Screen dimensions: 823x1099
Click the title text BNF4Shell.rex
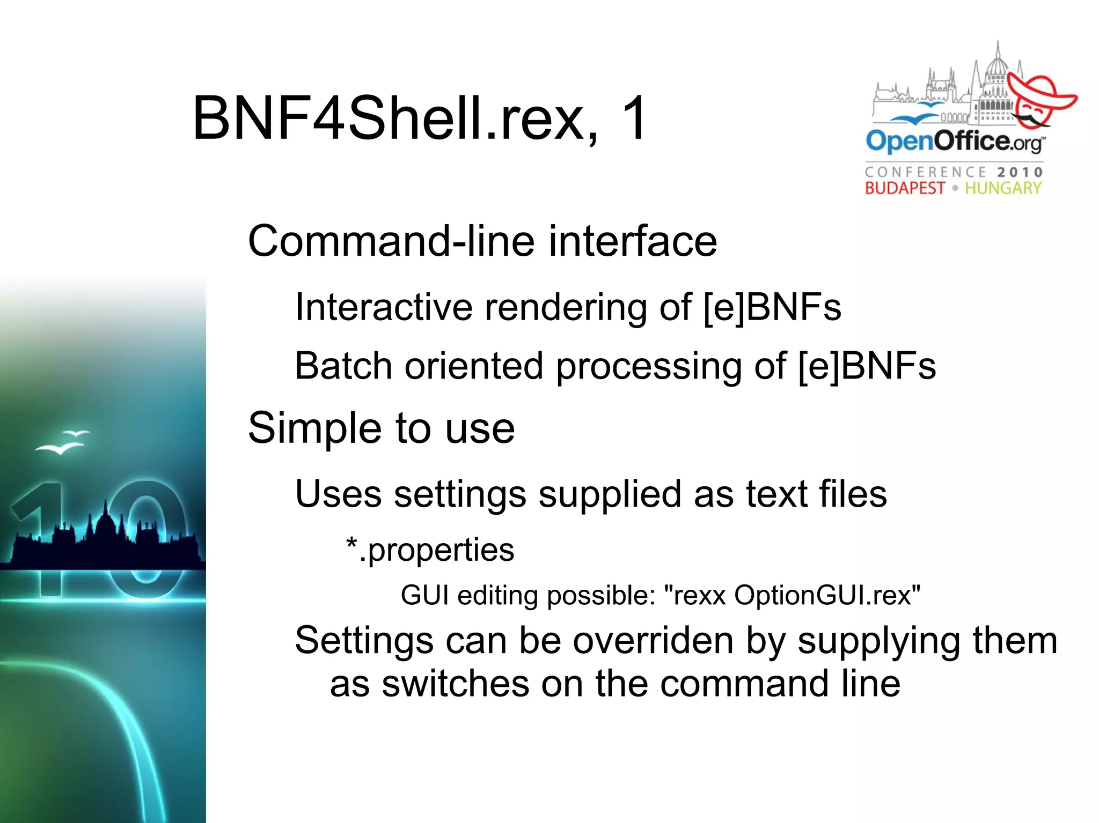tap(394, 118)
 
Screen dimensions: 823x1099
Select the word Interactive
tap(384, 307)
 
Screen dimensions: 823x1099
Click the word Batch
tap(343, 366)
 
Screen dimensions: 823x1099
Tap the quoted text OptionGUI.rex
tap(826, 596)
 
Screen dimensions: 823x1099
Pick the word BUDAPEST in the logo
tap(905, 189)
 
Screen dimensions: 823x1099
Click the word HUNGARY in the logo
tap(1003, 189)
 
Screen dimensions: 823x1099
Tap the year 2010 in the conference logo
tap(1020, 172)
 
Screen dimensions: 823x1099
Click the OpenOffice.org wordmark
tap(954, 141)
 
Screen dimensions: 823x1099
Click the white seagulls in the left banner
tap(63, 442)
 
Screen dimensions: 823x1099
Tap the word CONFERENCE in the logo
tap(926, 172)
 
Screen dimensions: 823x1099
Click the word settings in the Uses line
tap(460, 494)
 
